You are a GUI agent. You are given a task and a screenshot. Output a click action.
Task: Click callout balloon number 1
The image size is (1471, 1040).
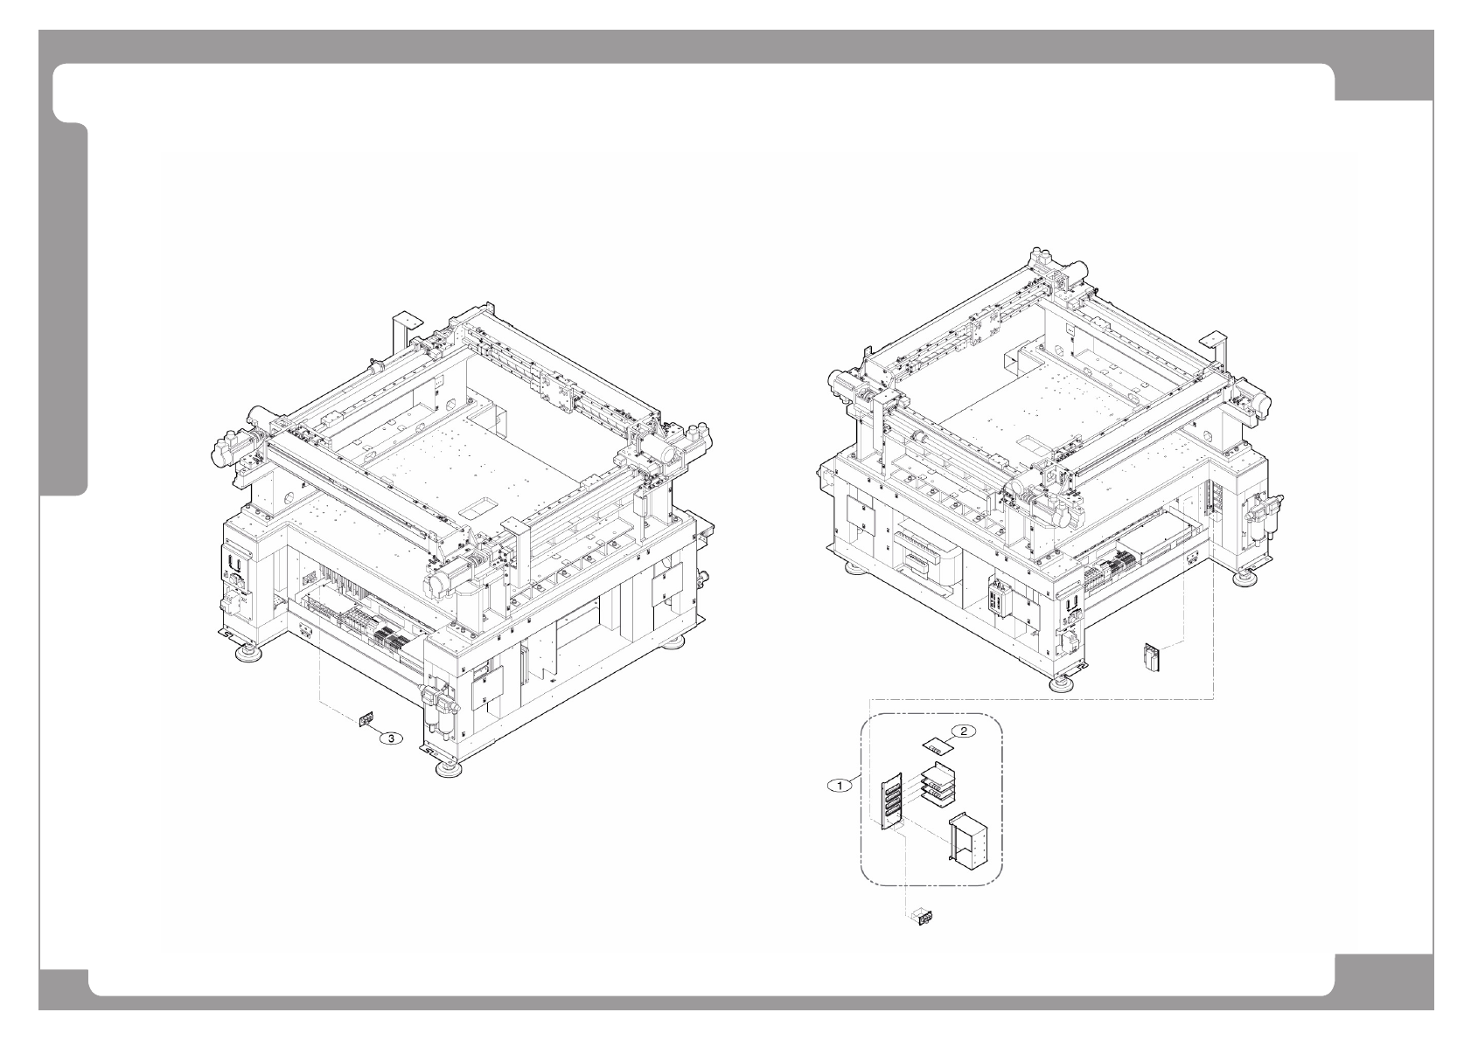pos(840,786)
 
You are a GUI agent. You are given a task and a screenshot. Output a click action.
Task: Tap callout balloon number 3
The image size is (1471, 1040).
pos(393,738)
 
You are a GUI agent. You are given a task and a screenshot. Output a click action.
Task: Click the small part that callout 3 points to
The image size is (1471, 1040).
pos(366,720)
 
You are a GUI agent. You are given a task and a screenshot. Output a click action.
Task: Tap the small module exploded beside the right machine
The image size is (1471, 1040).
pos(1154,657)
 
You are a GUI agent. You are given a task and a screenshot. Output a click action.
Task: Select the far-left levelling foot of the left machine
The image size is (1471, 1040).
pos(239,651)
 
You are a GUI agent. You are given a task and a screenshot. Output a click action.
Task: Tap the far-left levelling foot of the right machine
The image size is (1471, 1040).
pos(851,569)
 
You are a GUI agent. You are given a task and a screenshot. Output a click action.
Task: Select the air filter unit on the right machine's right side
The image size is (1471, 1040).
pos(1258,521)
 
